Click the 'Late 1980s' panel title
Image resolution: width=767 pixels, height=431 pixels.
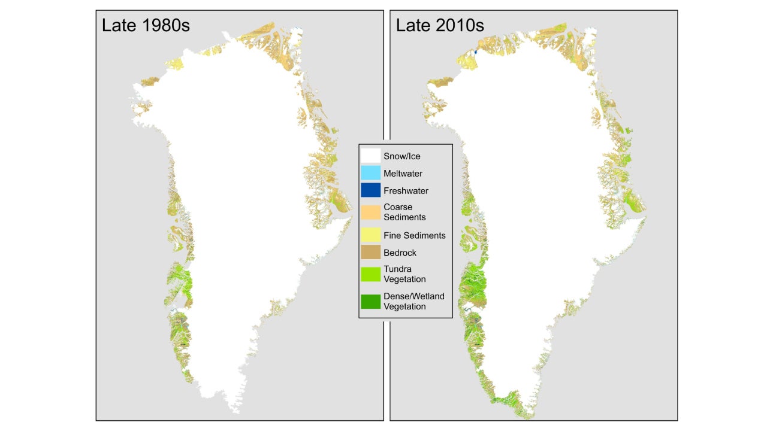[x=146, y=25]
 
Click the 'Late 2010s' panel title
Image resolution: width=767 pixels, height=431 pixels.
[x=440, y=25]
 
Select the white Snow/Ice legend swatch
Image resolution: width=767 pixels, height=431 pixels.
[x=370, y=156]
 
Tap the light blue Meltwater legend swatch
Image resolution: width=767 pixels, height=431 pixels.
[x=370, y=173]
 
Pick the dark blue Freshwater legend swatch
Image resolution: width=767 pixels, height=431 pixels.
[x=370, y=190]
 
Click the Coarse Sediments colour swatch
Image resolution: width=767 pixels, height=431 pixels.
[x=370, y=213]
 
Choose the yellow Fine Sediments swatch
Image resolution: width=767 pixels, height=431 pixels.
[x=370, y=235]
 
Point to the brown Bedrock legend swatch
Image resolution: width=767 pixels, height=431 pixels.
[x=370, y=253]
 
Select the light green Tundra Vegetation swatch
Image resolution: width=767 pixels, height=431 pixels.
[x=370, y=274]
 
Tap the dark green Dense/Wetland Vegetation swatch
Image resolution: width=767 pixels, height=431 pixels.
[x=370, y=302]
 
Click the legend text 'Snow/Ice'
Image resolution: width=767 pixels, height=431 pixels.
[x=402, y=156]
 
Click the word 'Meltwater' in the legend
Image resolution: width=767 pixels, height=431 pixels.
[x=403, y=174]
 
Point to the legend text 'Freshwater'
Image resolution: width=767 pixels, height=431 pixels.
[x=406, y=191]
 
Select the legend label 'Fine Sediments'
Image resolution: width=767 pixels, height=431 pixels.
[x=414, y=235]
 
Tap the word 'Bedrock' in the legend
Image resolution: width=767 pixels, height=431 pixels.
[x=400, y=253]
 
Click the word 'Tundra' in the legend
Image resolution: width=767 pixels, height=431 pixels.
[x=397, y=269]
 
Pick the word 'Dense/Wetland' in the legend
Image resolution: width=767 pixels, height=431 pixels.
[x=413, y=296]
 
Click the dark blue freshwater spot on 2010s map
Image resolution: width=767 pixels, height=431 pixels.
[x=475, y=52]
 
